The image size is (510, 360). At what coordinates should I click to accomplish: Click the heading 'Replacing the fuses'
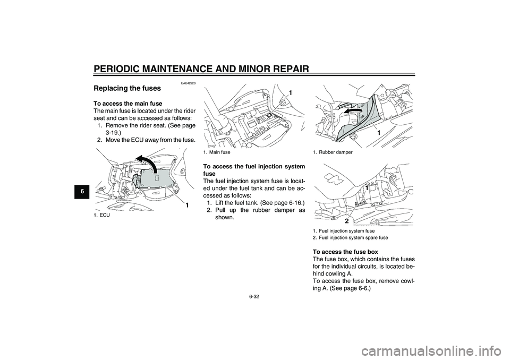point(127,89)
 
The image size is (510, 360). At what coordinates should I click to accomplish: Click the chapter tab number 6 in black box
point(83,192)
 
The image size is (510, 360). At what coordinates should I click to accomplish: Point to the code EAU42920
point(189,83)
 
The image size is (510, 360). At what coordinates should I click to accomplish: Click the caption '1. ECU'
point(100,215)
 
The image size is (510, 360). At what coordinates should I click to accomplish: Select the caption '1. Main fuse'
point(217,152)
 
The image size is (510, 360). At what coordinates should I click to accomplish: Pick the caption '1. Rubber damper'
point(333,152)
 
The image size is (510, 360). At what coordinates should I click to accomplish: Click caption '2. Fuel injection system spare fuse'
point(350,238)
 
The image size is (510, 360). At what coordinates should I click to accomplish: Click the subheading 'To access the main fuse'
point(127,104)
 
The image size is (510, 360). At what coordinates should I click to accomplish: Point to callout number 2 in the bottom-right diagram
point(347,221)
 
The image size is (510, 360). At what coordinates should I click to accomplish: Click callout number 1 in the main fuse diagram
point(291,93)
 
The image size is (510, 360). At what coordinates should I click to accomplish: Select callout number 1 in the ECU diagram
point(187,205)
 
